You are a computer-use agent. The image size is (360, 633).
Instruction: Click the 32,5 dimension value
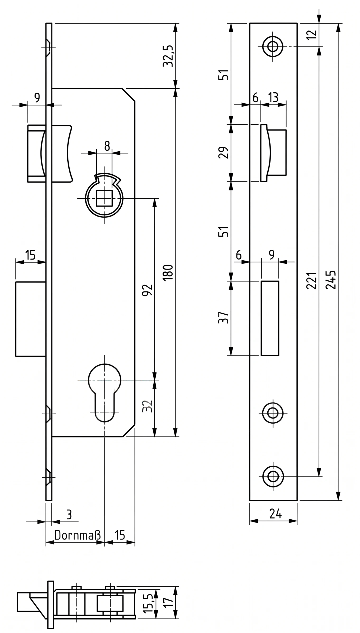tap(168, 56)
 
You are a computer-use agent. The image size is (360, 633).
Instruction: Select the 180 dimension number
tap(168, 272)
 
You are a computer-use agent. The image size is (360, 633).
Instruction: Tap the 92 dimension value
tap(148, 290)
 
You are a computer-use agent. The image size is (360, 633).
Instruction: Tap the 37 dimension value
tap(223, 318)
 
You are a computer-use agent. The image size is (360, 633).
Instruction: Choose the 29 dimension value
tap(223, 152)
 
